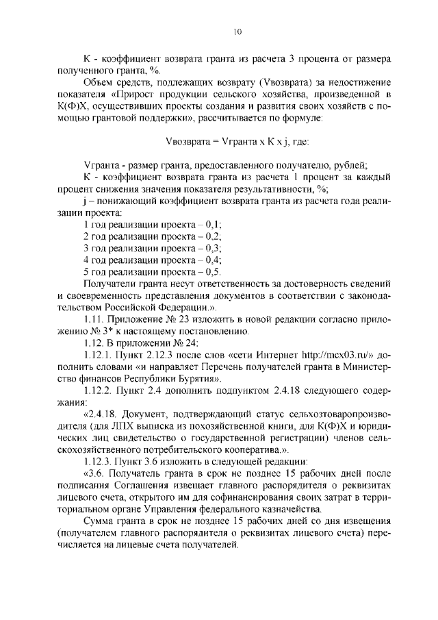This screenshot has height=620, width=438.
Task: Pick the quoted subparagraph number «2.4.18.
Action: tap(103, 414)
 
